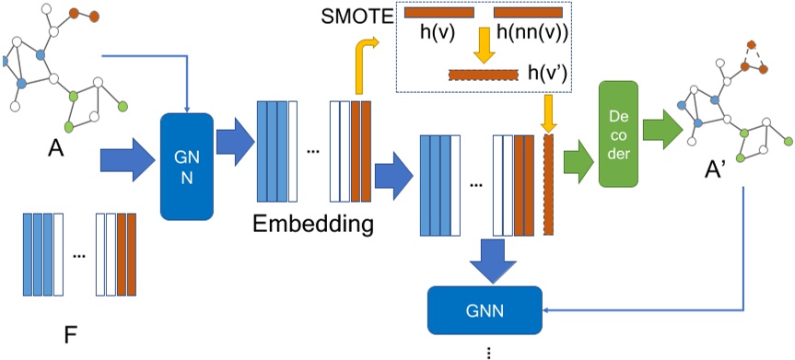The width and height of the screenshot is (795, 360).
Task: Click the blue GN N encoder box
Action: coord(186,167)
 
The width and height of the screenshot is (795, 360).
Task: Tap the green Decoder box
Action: coord(619,134)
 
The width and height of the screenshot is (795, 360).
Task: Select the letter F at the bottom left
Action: coord(69,334)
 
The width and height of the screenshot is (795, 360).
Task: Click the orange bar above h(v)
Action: coord(438,12)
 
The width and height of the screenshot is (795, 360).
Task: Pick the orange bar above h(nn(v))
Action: coord(528,12)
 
